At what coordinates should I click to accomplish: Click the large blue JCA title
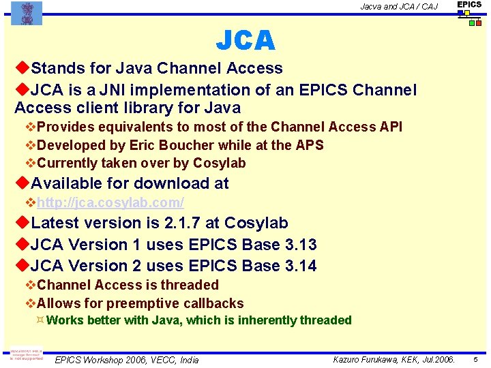[245, 42]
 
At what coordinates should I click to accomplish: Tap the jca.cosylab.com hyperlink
[110, 202]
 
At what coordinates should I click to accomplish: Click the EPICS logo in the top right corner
[469, 13]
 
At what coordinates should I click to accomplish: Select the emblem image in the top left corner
[27, 13]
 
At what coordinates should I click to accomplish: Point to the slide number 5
[475, 359]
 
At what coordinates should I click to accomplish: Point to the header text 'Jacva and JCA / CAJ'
[399, 7]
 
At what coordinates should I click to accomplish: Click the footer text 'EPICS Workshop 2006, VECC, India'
[127, 360]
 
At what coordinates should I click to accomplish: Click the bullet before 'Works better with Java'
[40, 320]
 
